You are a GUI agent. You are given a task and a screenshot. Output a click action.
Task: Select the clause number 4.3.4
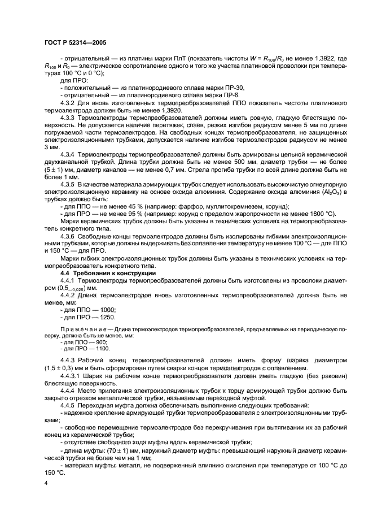pos(70,154)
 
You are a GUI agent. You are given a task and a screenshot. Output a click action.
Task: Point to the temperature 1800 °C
pos(323,214)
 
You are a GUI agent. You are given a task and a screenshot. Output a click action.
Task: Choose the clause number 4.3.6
pos(70,236)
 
